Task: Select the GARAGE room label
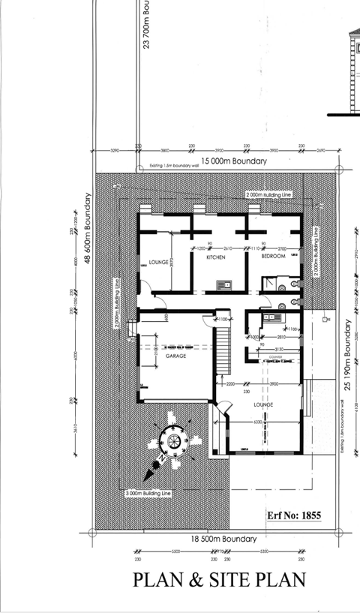tap(175, 356)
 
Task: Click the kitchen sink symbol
tap(223, 284)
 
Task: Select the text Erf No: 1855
tap(294, 516)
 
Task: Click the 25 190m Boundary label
tap(348, 355)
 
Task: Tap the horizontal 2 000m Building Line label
tap(268, 194)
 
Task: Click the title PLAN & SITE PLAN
tap(219, 580)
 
